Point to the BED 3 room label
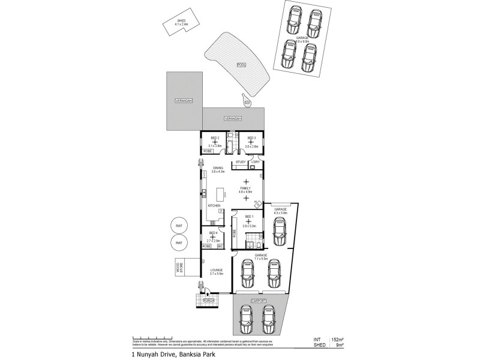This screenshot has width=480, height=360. click(251, 139)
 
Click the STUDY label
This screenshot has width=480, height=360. click(241, 162)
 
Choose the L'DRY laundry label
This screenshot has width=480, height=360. click(255, 162)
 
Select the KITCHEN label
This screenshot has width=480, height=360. click(214, 206)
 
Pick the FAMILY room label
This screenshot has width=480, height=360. click(245, 189)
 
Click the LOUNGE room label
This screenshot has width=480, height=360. click(217, 271)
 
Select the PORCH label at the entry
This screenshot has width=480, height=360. click(208, 299)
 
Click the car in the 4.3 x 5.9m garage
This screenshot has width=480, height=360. click(279, 232)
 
